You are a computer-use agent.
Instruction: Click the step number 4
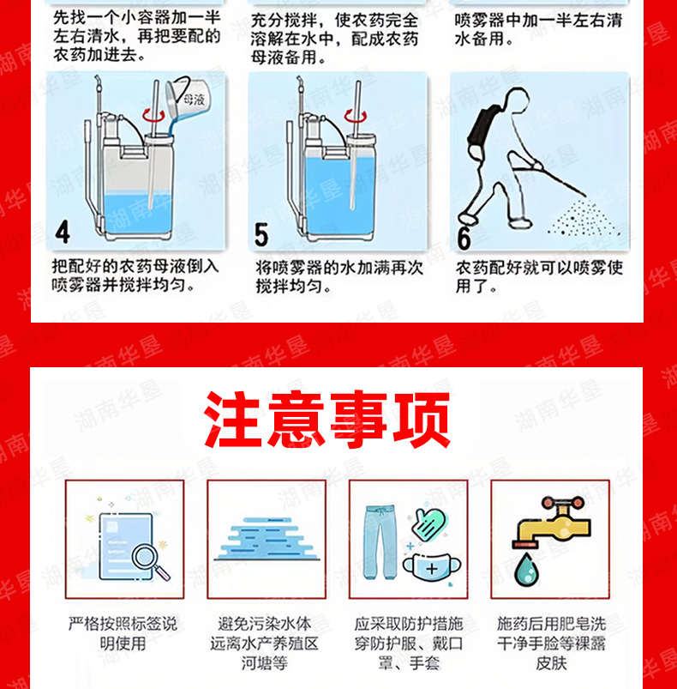point(63,233)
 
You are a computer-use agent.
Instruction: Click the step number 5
point(261,234)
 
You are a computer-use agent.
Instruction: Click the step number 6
point(464,239)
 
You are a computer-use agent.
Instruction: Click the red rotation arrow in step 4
point(153,115)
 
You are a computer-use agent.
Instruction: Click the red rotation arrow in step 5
point(356,116)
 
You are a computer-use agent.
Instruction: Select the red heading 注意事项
point(327,420)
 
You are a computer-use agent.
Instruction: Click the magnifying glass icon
point(151,561)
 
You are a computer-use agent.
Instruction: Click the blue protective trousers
point(380,541)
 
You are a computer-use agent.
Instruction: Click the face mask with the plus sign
point(432,568)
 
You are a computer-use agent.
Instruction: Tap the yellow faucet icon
point(552,523)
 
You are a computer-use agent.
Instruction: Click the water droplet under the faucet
point(526,570)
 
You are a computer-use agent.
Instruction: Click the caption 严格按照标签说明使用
point(123,633)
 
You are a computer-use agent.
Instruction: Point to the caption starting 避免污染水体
point(264,644)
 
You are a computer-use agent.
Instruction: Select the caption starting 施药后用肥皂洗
point(552,644)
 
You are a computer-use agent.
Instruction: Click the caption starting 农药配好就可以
point(539,277)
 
